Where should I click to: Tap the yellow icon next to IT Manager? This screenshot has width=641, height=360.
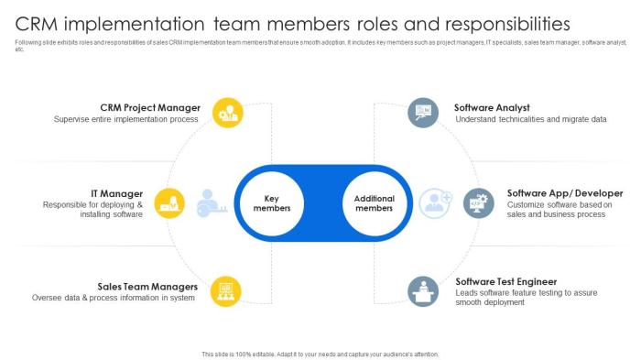[168, 202]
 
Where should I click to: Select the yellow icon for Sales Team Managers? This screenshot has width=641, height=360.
[226, 291]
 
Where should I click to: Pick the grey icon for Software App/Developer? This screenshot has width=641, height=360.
[479, 202]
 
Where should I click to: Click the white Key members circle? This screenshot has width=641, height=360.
[271, 202]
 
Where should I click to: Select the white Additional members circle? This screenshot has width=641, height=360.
[374, 202]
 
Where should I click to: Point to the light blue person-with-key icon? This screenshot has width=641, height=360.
[210, 202]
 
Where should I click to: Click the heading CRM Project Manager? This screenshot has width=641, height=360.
[150, 107]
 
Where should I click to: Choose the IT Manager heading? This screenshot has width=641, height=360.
[116, 193]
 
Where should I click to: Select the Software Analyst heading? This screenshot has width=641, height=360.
[492, 107]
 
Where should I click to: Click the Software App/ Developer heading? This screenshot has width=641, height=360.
[565, 193]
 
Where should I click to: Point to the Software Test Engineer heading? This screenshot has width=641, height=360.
[505, 281]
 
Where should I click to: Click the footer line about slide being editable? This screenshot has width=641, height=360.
[320, 354]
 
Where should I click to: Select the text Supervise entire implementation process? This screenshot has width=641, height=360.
[126, 119]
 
